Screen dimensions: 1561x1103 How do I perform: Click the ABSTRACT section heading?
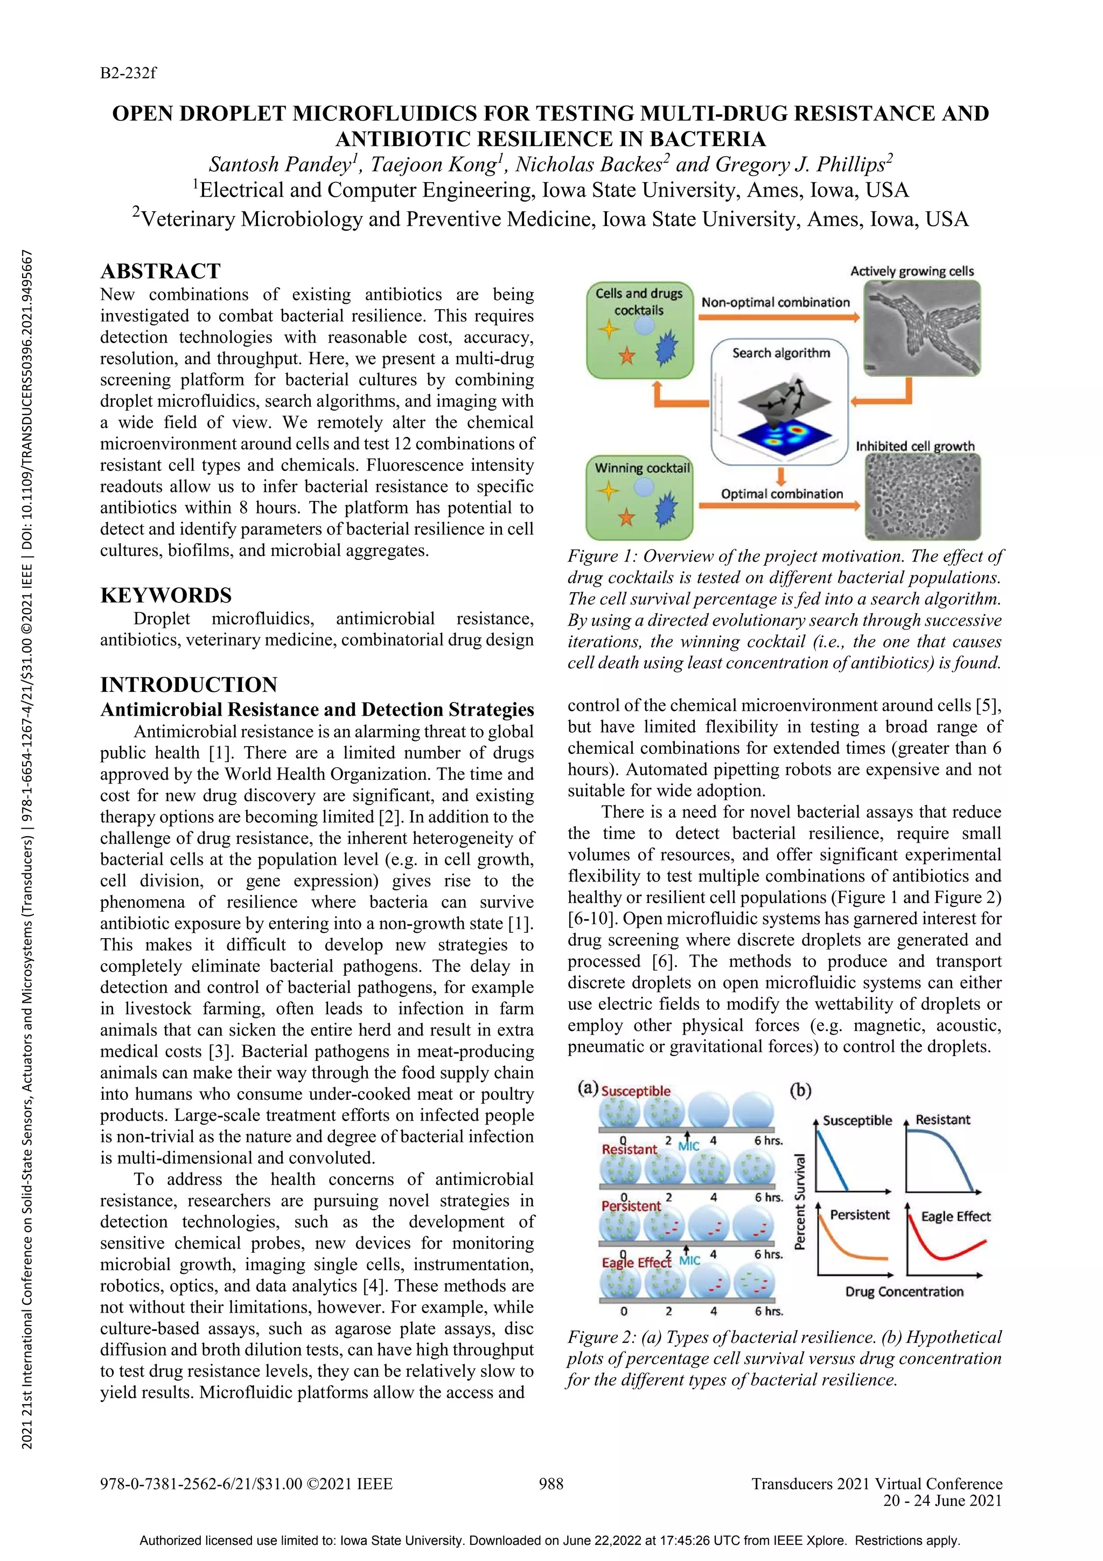pyautogui.click(x=160, y=271)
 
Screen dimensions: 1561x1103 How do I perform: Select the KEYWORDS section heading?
pyautogui.click(x=166, y=595)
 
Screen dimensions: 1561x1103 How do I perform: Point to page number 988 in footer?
pyautogui.click(x=551, y=1483)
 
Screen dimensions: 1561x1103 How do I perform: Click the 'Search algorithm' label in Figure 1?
pyautogui.click(x=781, y=353)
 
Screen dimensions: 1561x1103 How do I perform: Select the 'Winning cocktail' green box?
pyautogui.click(x=639, y=498)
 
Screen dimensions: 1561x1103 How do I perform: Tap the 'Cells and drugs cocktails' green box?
pyautogui.click(x=639, y=330)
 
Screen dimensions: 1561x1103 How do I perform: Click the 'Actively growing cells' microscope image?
pyautogui.click(x=922, y=328)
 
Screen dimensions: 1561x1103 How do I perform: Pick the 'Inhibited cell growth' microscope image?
pyautogui.click(x=922, y=497)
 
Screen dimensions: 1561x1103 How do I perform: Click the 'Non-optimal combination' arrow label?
pyautogui.click(x=776, y=302)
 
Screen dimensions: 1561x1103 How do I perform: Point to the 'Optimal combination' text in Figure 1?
pyautogui.click(x=781, y=494)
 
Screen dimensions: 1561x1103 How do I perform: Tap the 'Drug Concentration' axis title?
pyautogui.click(x=904, y=1292)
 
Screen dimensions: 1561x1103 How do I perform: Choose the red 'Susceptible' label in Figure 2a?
pyautogui.click(x=636, y=1091)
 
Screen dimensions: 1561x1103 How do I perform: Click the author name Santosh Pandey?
pyautogui.click(x=280, y=164)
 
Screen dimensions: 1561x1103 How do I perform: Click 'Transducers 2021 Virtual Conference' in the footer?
pyautogui.click(x=877, y=1483)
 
